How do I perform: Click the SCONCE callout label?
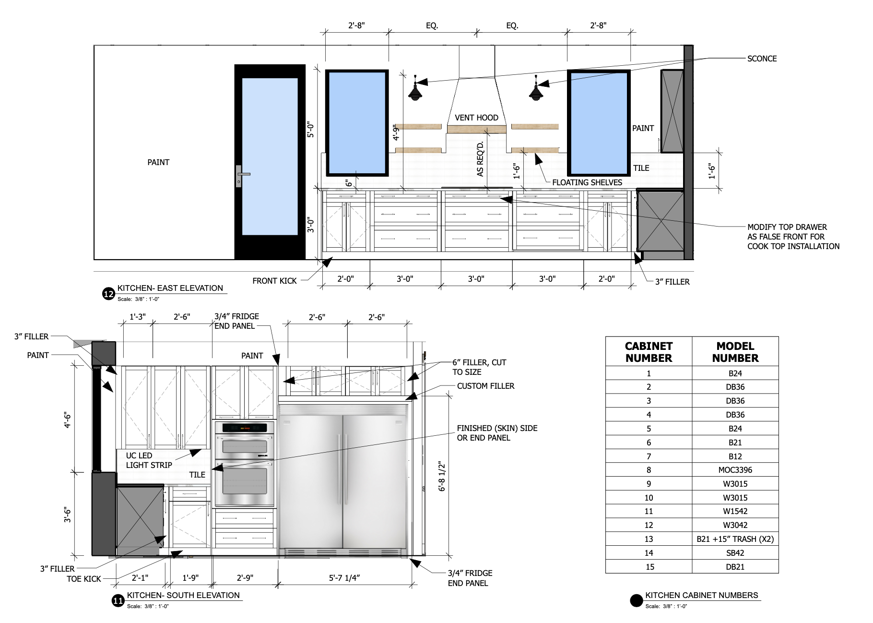[x=762, y=59]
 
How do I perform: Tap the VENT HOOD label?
[x=476, y=118]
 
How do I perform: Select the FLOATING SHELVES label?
[x=587, y=182]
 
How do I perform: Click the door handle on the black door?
[x=241, y=175]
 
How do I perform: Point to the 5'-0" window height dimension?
[x=311, y=130]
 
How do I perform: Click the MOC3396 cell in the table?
[x=735, y=470]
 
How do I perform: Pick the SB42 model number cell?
[x=735, y=553]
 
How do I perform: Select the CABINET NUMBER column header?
[x=649, y=352]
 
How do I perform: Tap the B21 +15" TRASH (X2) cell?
[x=735, y=539]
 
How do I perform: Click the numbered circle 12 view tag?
[x=109, y=294]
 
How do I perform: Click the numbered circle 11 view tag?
[x=118, y=601]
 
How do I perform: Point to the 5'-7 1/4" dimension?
[x=344, y=578]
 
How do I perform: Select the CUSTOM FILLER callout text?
[x=485, y=386]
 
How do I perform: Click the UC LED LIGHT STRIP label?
[x=149, y=460]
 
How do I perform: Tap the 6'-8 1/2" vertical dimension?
[x=442, y=476]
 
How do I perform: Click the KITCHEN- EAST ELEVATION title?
[x=170, y=288]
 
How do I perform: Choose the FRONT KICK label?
[x=274, y=281]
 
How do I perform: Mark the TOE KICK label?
[x=84, y=579]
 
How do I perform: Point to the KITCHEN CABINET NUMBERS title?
[x=701, y=595]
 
